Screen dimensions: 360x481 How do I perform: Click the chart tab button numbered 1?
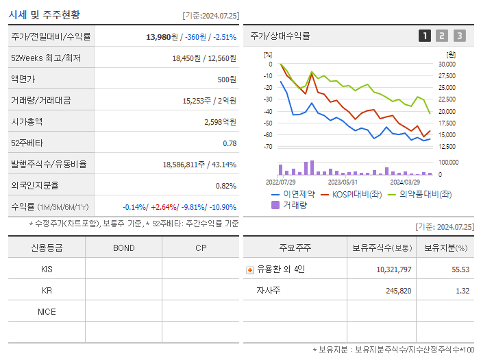point(425,36)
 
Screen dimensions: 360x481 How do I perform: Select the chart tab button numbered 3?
point(459,36)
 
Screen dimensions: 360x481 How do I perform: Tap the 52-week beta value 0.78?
point(230,143)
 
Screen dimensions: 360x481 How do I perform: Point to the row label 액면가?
point(22,79)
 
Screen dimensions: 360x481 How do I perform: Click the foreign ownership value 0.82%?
point(225,185)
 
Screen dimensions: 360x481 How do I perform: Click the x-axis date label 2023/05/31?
point(343,182)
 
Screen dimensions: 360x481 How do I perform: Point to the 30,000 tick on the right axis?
point(446,64)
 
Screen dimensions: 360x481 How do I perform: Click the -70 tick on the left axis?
point(268,147)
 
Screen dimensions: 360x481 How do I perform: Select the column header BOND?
point(123,248)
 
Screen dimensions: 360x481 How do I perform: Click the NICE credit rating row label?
point(47,312)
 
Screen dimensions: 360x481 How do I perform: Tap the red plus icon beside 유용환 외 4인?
point(250,269)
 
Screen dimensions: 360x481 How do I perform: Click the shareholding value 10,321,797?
point(394,269)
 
